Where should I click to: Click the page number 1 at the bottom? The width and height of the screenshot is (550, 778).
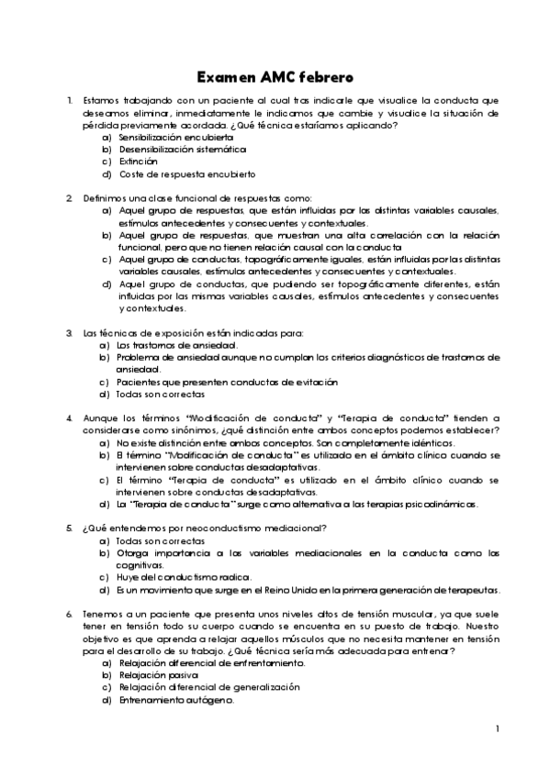pyautogui.click(x=497, y=729)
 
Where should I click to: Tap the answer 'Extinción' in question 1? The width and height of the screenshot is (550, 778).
pyautogui.click(x=139, y=161)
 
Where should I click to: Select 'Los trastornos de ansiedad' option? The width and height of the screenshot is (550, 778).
pyautogui.click(x=172, y=345)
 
